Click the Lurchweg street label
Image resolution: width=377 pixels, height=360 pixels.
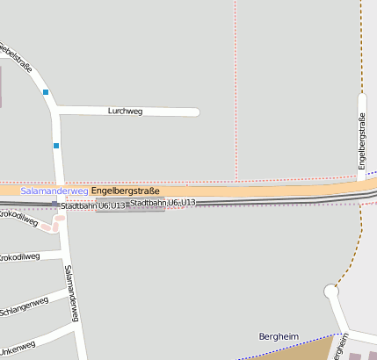(125, 112)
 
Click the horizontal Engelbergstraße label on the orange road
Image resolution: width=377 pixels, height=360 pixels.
(125, 190)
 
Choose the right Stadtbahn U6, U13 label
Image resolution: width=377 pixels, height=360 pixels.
(163, 203)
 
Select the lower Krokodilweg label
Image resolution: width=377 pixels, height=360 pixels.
(19, 257)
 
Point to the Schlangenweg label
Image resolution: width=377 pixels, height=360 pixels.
(24, 306)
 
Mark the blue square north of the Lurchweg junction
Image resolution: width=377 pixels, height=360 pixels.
(46, 91)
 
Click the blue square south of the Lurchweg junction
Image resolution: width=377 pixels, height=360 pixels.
(56, 145)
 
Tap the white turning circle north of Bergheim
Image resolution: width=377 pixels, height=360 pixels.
(330, 291)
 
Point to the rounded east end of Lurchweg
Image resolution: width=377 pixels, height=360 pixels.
(195, 112)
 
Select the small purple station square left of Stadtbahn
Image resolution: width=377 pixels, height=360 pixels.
(54, 205)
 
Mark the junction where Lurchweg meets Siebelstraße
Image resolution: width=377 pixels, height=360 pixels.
(56, 110)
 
